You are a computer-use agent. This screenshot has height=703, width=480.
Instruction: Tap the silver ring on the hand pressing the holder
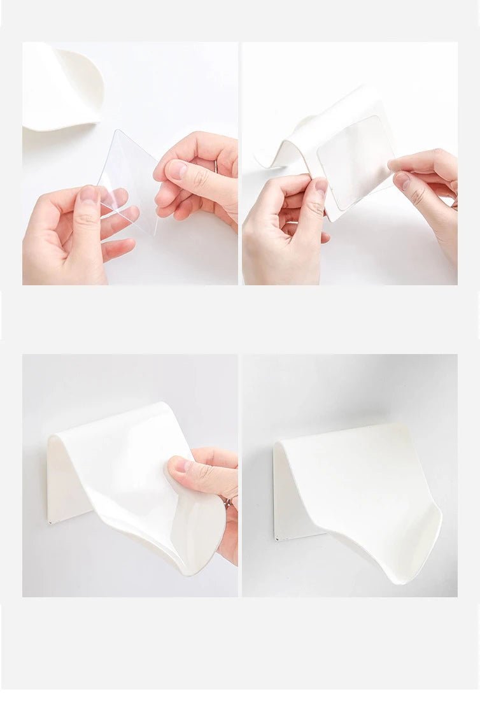click(227, 503)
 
